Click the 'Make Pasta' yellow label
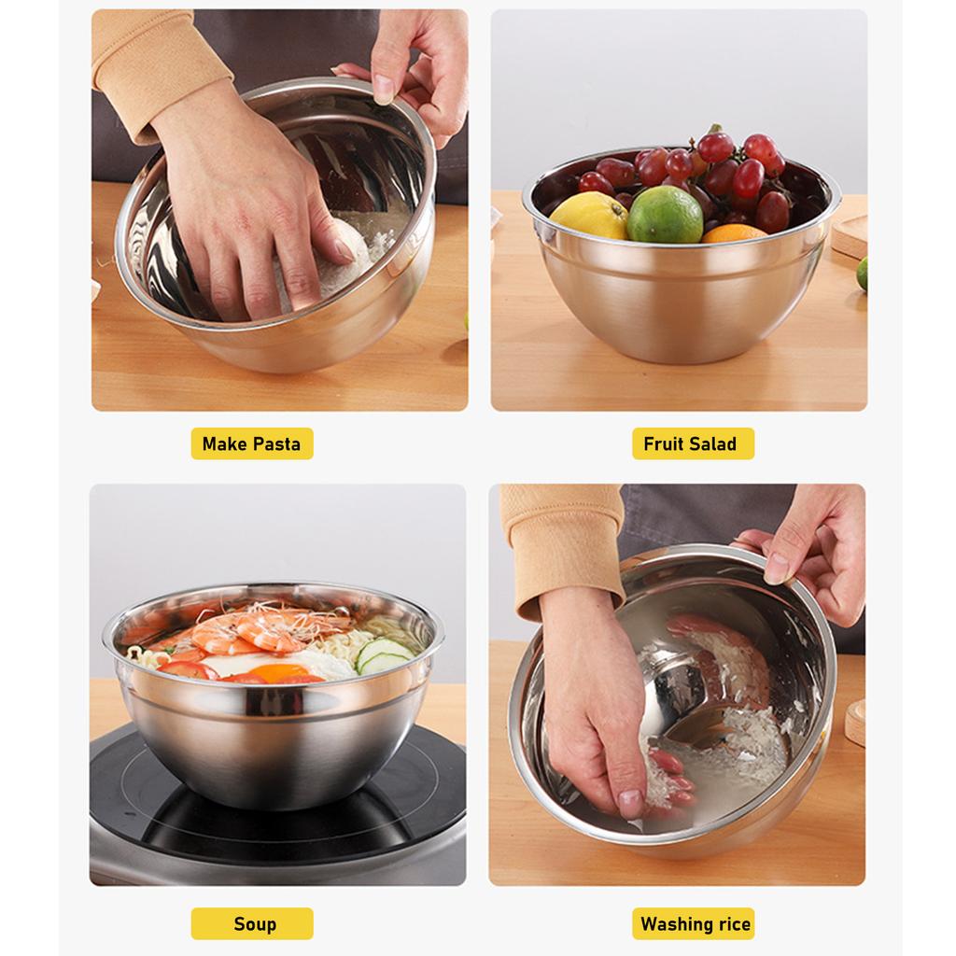point(252,444)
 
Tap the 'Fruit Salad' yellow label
point(690,444)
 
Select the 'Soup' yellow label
point(254,924)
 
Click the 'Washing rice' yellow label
point(695,924)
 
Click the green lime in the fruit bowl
point(665,215)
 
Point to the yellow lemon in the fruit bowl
point(589,216)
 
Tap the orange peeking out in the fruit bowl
point(734,233)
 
